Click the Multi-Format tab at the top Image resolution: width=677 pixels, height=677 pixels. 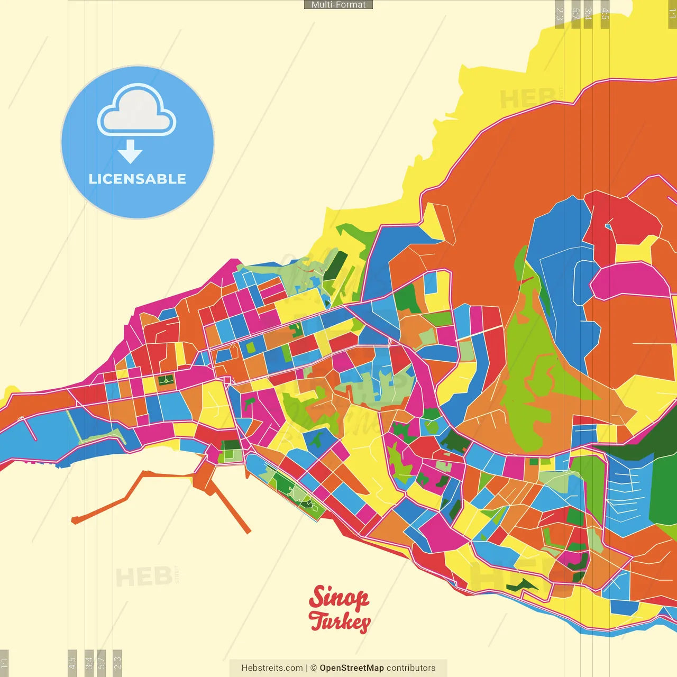pos(338,5)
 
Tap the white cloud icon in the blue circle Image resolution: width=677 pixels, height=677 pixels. pos(137,112)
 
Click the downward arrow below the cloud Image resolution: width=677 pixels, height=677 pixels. pos(130,152)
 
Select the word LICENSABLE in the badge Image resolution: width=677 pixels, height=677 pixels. pos(138,179)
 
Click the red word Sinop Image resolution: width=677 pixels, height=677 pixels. pos(338,598)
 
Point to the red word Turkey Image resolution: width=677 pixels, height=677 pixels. pos(340,621)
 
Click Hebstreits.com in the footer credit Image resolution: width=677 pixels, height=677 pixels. pos(272,668)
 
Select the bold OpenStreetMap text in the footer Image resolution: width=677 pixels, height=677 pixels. pos(352,668)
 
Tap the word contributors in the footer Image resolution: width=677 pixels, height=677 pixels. pos(411,668)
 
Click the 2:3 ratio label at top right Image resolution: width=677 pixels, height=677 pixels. pos(560,14)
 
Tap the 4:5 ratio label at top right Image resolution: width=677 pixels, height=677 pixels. pos(605,14)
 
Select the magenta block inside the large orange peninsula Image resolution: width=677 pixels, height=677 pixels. pos(629,281)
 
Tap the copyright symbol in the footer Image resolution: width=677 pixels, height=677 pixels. pos(314,668)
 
